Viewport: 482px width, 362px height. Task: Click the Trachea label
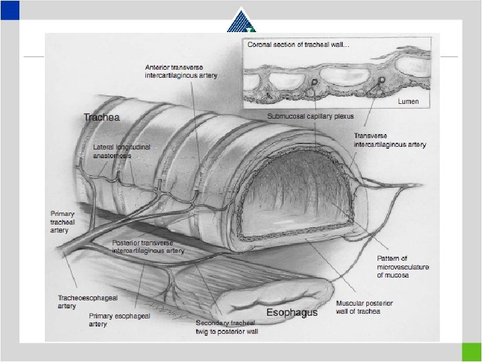tap(102, 117)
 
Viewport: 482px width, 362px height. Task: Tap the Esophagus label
tap(292, 312)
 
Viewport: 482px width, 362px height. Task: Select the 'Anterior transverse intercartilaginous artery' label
tap(181, 72)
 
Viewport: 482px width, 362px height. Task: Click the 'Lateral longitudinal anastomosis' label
tap(121, 151)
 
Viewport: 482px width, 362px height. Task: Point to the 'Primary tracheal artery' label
tap(59, 222)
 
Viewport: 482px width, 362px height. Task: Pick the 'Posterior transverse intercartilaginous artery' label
tap(148, 247)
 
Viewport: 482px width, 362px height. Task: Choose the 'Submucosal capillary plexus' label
tap(310, 117)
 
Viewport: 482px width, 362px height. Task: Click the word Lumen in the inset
tap(408, 101)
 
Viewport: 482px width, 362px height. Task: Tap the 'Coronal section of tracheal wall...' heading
tap(293, 45)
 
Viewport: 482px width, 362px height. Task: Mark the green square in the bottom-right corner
tap(471, 352)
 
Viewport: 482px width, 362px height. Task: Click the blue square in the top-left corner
tap(10, 9)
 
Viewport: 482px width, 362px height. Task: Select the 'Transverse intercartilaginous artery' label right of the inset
tap(390, 140)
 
